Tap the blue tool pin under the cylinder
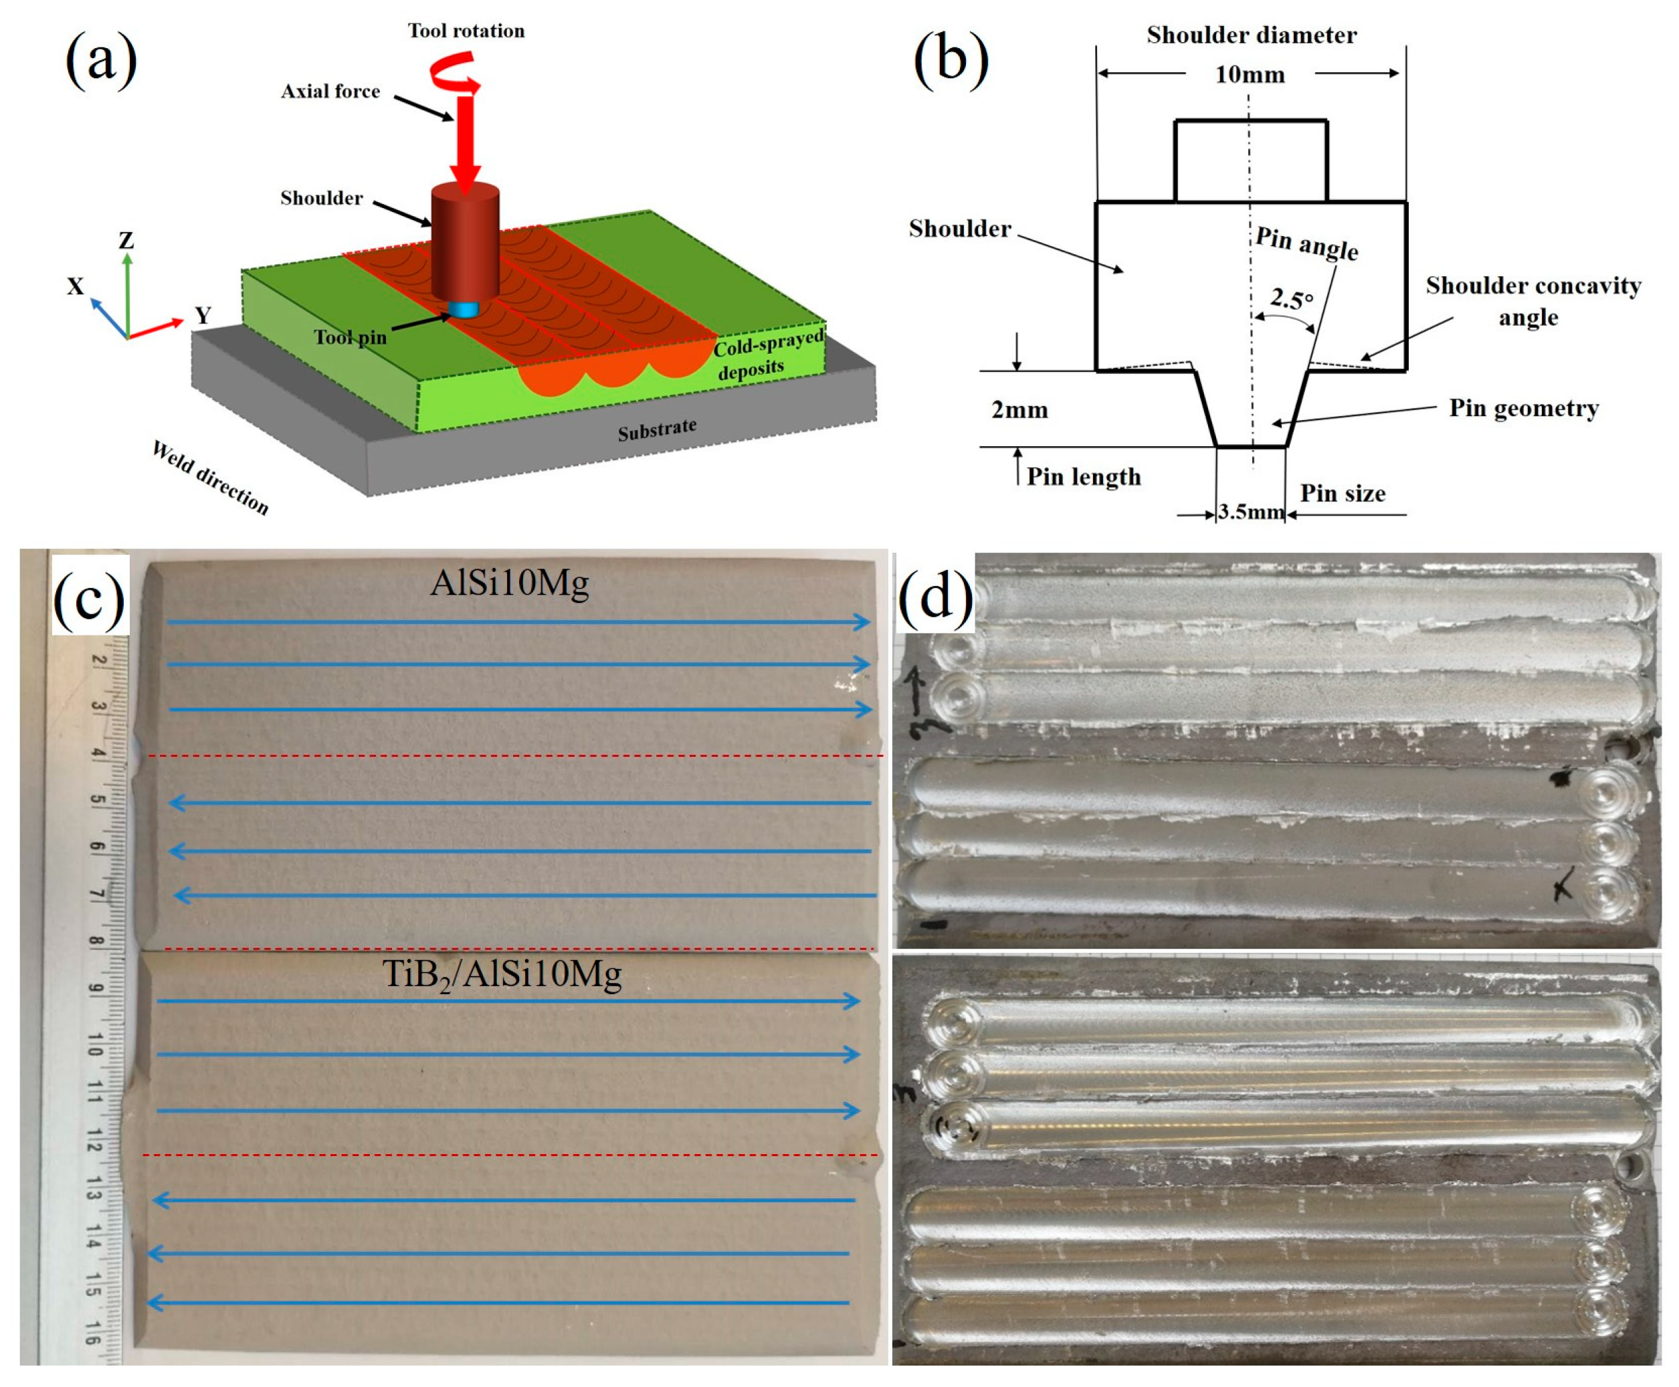click(464, 309)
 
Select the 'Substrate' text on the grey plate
click(657, 429)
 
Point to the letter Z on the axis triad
click(126, 240)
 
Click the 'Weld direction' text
click(210, 478)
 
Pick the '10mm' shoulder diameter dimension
click(1250, 75)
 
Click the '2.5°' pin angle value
click(1291, 300)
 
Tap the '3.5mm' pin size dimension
click(1250, 511)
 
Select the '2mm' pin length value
click(1019, 410)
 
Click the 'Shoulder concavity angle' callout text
click(1532, 301)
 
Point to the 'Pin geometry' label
click(1523, 408)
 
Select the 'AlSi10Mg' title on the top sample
click(509, 583)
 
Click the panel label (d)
click(934, 597)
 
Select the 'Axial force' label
click(330, 92)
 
